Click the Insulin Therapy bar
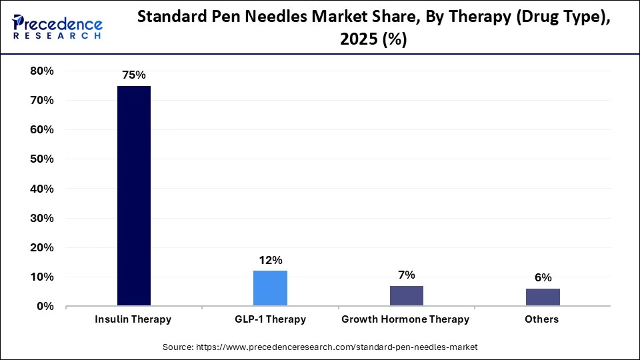(x=134, y=196)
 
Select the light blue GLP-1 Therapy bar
(x=270, y=288)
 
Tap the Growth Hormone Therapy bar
(x=406, y=295)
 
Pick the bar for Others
(x=542, y=297)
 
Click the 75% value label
(x=134, y=75)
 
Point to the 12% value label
(x=270, y=260)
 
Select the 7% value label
(x=406, y=275)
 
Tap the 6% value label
(x=542, y=278)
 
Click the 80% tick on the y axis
(x=42, y=71)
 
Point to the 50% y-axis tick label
(x=42, y=159)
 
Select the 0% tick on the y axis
(x=45, y=306)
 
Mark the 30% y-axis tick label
(x=42, y=218)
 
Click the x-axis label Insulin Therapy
(x=134, y=319)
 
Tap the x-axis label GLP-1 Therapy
(x=270, y=319)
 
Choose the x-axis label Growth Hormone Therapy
(x=405, y=319)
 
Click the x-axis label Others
(x=541, y=319)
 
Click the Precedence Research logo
(x=57, y=27)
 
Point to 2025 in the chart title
(x=360, y=40)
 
